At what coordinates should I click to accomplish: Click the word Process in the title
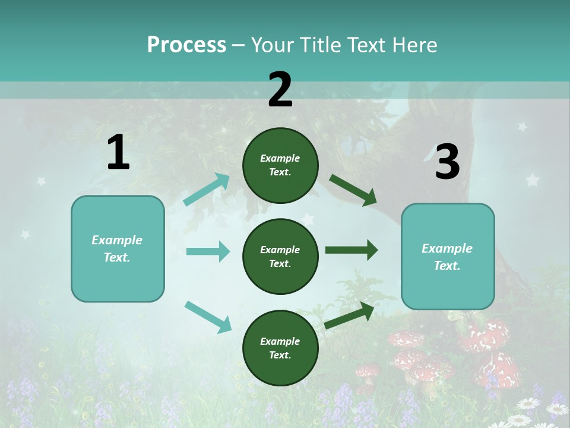point(186,45)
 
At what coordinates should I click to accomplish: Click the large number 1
point(118,153)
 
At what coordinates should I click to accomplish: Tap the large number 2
point(280,90)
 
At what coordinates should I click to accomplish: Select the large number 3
point(447,162)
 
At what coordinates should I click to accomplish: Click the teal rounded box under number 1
point(118,248)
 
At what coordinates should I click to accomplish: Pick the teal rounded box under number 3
point(448,256)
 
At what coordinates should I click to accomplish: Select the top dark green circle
point(280,165)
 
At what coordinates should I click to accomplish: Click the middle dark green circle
point(280,256)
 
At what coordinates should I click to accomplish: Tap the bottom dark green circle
point(280,348)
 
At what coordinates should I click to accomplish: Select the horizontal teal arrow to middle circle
point(208,251)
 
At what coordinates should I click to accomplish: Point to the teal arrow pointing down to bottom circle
point(208,317)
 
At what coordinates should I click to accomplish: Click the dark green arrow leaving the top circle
point(353,190)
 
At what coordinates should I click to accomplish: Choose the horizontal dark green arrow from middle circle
point(351,250)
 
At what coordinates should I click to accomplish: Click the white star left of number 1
point(41,181)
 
